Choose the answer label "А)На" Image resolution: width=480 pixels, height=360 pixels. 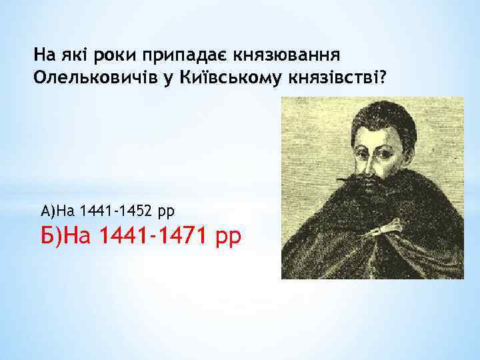click(58, 212)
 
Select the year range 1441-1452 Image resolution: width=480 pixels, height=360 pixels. click(116, 212)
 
